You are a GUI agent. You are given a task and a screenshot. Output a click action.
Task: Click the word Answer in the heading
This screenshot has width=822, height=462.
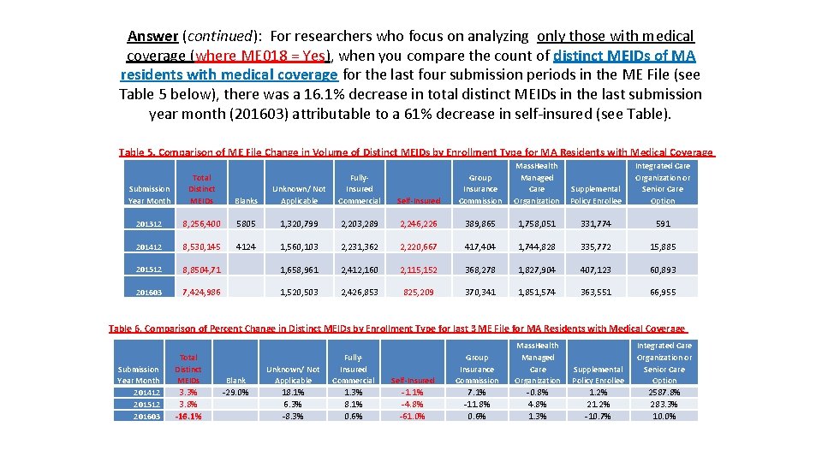[x=152, y=36]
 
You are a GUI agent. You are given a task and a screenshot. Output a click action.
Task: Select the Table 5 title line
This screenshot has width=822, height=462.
[x=415, y=152]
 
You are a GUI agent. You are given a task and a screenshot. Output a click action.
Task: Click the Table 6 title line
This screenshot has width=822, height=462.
[x=398, y=329]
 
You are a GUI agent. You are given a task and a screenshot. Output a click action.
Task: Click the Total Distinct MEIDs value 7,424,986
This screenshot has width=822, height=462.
[x=201, y=292]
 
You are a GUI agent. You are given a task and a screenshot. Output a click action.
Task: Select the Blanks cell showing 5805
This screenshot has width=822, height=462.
[x=245, y=223]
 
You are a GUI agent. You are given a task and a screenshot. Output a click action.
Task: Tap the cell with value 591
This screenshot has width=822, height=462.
[x=663, y=223]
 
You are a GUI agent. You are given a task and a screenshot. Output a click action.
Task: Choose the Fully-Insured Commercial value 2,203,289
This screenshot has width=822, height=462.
[x=359, y=223]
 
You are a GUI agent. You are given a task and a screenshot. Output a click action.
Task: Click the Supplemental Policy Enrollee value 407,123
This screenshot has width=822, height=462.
[x=598, y=269]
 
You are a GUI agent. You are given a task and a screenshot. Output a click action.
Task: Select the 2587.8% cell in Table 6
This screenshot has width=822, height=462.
[x=664, y=393]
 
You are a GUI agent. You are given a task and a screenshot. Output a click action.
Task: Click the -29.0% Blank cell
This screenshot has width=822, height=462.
[x=235, y=393]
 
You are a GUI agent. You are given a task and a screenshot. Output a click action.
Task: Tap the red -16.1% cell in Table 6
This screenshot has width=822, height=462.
[x=188, y=417]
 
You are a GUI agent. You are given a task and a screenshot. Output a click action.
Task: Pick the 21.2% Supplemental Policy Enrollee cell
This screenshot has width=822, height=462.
[x=598, y=405]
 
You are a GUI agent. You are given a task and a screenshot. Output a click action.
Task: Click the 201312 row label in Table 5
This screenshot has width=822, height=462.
[x=149, y=223]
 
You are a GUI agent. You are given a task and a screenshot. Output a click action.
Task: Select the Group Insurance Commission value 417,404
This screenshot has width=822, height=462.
[x=480, y=246]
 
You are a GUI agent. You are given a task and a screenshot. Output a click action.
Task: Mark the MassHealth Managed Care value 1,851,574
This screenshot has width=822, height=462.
[x=537, y=292]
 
